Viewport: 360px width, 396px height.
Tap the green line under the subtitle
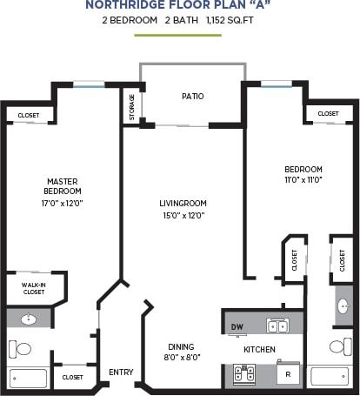[179, 35]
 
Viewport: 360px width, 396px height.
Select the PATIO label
[193, 96]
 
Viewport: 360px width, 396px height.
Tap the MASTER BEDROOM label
[63, 186]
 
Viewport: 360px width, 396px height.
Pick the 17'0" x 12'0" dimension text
[63, 203]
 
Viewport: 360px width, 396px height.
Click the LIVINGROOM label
[182, 203]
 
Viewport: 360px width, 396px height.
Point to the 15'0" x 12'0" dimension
[182, 215]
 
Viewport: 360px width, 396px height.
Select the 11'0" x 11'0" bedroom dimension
[303, 180]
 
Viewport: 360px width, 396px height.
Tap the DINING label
[180, 345]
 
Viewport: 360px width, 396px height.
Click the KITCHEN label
[259, 350]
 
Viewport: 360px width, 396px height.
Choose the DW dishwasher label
[237, 327]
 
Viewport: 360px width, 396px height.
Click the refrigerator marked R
[287, 374]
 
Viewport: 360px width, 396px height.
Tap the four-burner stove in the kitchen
[244, 373]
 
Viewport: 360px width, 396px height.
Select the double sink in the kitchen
[277, 326]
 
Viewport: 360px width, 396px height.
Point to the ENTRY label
[121, 373]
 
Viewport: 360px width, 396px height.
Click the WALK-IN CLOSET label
[33, 288]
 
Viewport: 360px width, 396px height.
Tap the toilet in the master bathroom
[22, 348]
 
